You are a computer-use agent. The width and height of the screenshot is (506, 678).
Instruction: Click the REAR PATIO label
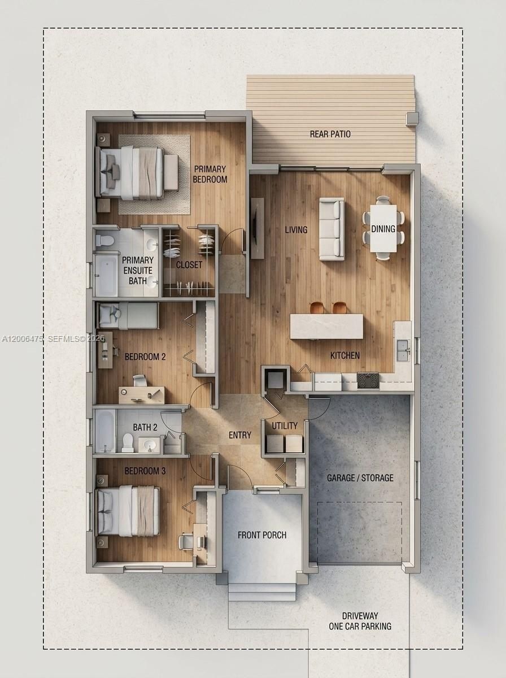[330, 134]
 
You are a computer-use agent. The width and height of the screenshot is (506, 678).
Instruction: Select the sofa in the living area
[331, 229]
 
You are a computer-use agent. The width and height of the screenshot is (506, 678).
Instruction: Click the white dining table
[383, 228]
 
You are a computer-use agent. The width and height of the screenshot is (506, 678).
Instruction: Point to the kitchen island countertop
[326, 327]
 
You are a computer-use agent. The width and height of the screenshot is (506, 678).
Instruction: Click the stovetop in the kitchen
[368, 380]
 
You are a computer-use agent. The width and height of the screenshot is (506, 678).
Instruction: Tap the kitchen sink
[403, 350]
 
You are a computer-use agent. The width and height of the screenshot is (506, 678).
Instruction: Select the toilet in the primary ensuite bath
[105, 241]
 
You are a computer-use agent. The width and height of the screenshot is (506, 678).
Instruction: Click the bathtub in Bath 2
[105, 431]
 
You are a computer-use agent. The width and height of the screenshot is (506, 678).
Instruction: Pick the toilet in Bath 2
[128, 443]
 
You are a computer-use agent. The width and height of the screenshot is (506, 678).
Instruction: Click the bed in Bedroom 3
[129, 511]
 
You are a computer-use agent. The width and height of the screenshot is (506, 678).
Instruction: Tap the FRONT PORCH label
[262, 535]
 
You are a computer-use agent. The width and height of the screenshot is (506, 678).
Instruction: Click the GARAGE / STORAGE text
[360, 478]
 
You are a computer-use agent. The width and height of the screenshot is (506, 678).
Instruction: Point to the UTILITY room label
[285, 425]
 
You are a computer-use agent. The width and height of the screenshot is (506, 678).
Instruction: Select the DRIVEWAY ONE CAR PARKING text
[360, 621]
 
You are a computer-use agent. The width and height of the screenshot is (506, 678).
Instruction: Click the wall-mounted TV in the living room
[257, 228]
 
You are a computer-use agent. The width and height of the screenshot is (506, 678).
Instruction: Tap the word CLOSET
[189, 265]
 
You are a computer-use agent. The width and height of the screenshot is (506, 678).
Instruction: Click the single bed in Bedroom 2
[128, 315]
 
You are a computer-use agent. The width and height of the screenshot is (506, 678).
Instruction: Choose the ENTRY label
[240, 435]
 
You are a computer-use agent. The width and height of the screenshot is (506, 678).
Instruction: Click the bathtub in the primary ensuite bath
[106, 275]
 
